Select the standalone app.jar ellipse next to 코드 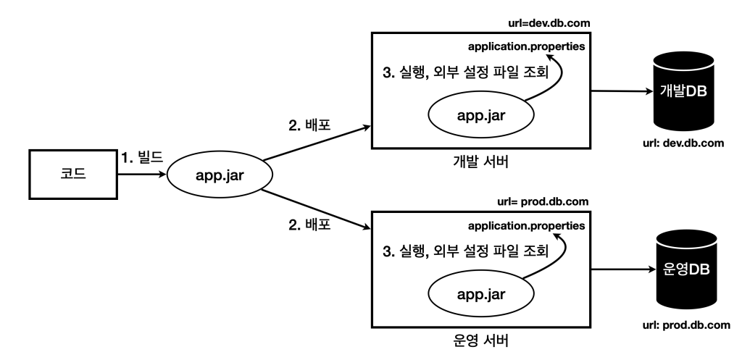click(219, 175)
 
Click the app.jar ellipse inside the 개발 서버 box click(481, 114)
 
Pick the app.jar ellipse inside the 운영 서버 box click(481, 293)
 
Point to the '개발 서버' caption click(480, 161)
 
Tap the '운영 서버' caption click(480, 339)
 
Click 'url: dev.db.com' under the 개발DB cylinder click(681, 142)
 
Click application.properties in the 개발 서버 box click(526, 46)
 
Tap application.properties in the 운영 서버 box click(526, 226)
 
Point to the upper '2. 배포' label click(309, 125)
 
